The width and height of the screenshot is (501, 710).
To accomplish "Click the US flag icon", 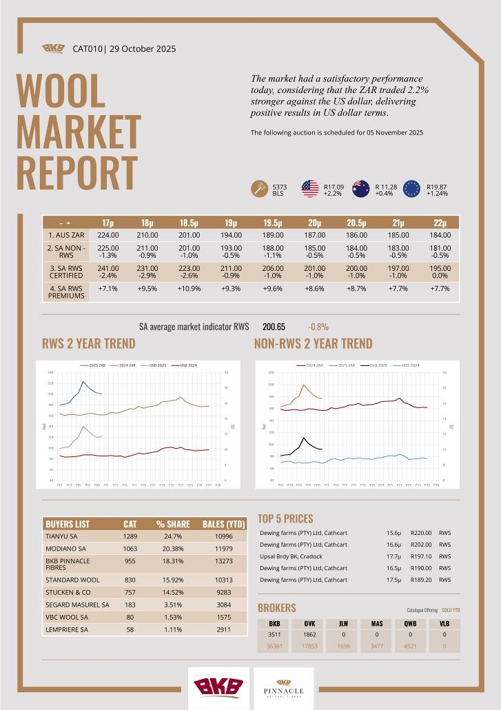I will pos(310,188).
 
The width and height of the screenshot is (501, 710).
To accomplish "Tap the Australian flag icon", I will pos(361,188).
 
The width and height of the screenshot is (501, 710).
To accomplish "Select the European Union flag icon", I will pos(411,188).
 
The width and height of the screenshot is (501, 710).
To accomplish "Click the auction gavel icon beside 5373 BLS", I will pos(260,189).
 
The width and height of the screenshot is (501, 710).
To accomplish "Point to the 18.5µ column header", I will pos(189,223).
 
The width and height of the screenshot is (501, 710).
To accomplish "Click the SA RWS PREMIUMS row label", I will pos(65,291).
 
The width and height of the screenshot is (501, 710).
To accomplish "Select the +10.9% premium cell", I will pos(189,287).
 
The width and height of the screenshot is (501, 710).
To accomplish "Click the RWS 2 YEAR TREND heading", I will pos(88,343).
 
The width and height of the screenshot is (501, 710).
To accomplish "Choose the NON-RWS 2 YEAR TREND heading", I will pos(313,343).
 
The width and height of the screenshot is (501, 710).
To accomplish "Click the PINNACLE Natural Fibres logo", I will pos(284,688).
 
